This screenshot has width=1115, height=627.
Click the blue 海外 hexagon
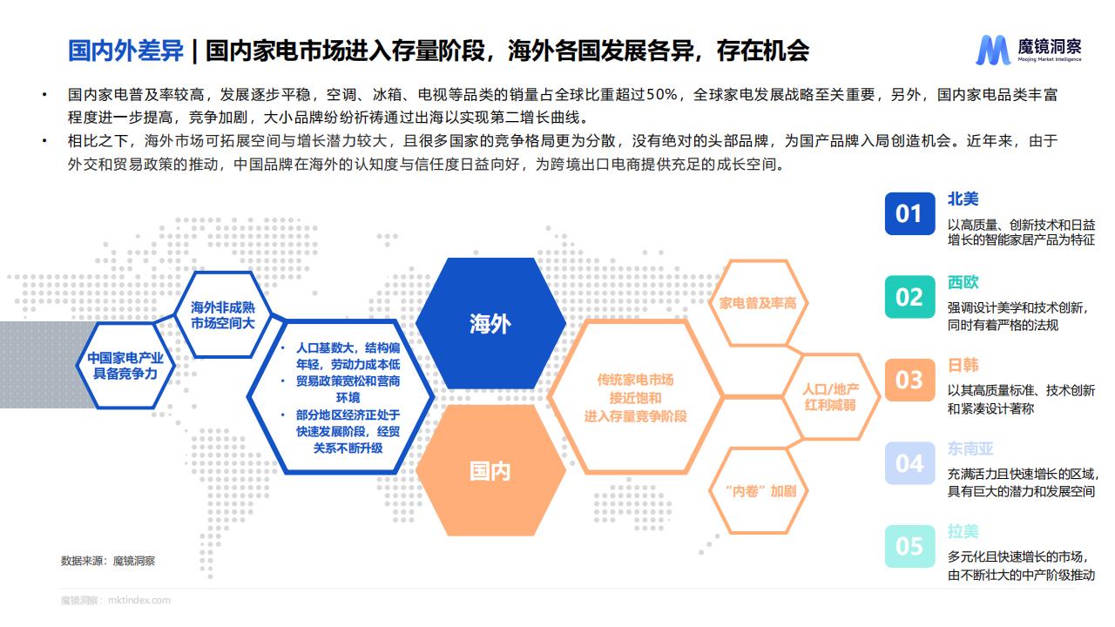click(x=490, y=323)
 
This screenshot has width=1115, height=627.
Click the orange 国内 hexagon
click(x=490, y=470)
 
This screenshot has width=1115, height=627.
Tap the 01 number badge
click(x=909, y=213)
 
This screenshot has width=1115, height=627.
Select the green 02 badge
click(x=909, y=297)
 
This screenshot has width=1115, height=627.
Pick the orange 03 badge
click(x=909, y=380)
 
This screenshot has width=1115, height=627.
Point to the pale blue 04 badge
click(x=909, y=463)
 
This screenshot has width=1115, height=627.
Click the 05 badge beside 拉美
click(x=909, y=546)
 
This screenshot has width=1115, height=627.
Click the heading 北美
click(x=963, y=199)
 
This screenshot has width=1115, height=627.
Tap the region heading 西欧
click(x=963, y=282)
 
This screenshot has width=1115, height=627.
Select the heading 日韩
click(x=963, y=365)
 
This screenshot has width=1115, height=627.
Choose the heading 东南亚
click(x=970, y=448)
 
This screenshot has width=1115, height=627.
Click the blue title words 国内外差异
click(x=125, y=51)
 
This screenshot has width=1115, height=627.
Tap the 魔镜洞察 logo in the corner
click(x=1029, y=51)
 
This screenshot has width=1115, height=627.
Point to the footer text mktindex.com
click(x=139, y=600)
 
